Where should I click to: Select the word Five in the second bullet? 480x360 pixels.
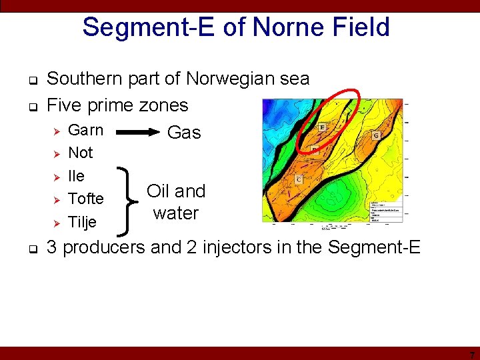(x=65, y=105)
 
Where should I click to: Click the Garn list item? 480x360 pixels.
(x=86, y=130)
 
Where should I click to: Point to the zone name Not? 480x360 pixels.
(x=81, y=153)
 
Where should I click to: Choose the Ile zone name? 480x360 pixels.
(x=77, y=176)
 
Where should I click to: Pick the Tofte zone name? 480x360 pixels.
(x=86, y=199)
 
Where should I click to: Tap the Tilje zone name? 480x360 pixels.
(x=83, y=222)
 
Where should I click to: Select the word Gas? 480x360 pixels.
(x=184, y=133)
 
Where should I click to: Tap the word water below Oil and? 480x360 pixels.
(x=176, y=213)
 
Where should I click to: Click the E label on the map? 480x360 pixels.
(x=323, y=127)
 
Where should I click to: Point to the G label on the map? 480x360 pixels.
(x=376, y=136)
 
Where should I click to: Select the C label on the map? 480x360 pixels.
(x=299, y=179)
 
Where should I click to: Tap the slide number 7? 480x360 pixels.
(x=471, y=354)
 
